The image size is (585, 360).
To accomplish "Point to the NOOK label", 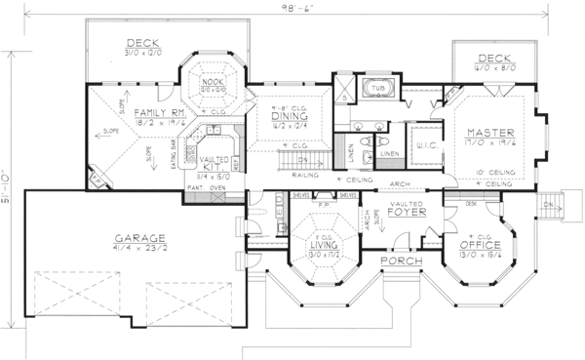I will [x=211, y=82].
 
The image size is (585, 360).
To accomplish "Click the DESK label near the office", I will [x=472, y=203].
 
